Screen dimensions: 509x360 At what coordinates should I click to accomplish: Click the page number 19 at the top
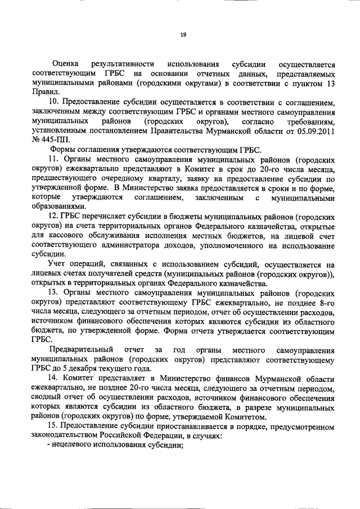[183, 35]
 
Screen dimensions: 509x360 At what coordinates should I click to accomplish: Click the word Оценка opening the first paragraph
[65, 65]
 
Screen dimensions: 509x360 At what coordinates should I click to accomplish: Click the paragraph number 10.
[54, 103]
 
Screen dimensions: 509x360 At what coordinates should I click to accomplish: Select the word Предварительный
[83, 348]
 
